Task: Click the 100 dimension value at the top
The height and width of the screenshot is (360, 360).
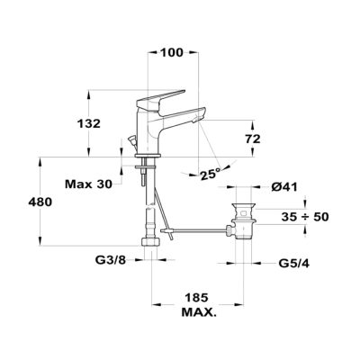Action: click(x=172, y=53)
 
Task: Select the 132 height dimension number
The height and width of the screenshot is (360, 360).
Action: click(x=89, y=123)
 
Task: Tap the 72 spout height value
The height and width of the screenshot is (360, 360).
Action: click(x=252, y=139)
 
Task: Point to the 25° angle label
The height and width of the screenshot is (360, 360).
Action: click(x=211, y=175)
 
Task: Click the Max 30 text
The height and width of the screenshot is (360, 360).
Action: click(x=88, y=184)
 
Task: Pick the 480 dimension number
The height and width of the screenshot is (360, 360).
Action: click(x=40, y=202)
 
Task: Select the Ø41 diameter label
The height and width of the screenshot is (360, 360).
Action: click(x=284, y=187)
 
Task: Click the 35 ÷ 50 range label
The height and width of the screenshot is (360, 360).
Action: click(x=305, y=217)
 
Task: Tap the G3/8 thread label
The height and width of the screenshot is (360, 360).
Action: click(x=111, y=260)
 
